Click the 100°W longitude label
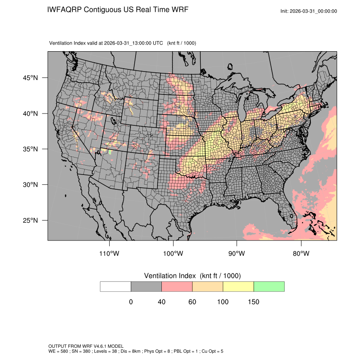pos(173,254)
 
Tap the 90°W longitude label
pos(237,254)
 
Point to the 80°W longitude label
pos(301,254)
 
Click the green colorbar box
pos(269,286)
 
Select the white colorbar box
pos(116,286)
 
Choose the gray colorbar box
pos(146,286)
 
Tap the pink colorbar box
pos(177,286)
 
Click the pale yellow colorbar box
pos(238,286)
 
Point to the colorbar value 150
pos(253,302)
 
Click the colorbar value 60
pos(192,302)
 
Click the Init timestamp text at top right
pos(309,11)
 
